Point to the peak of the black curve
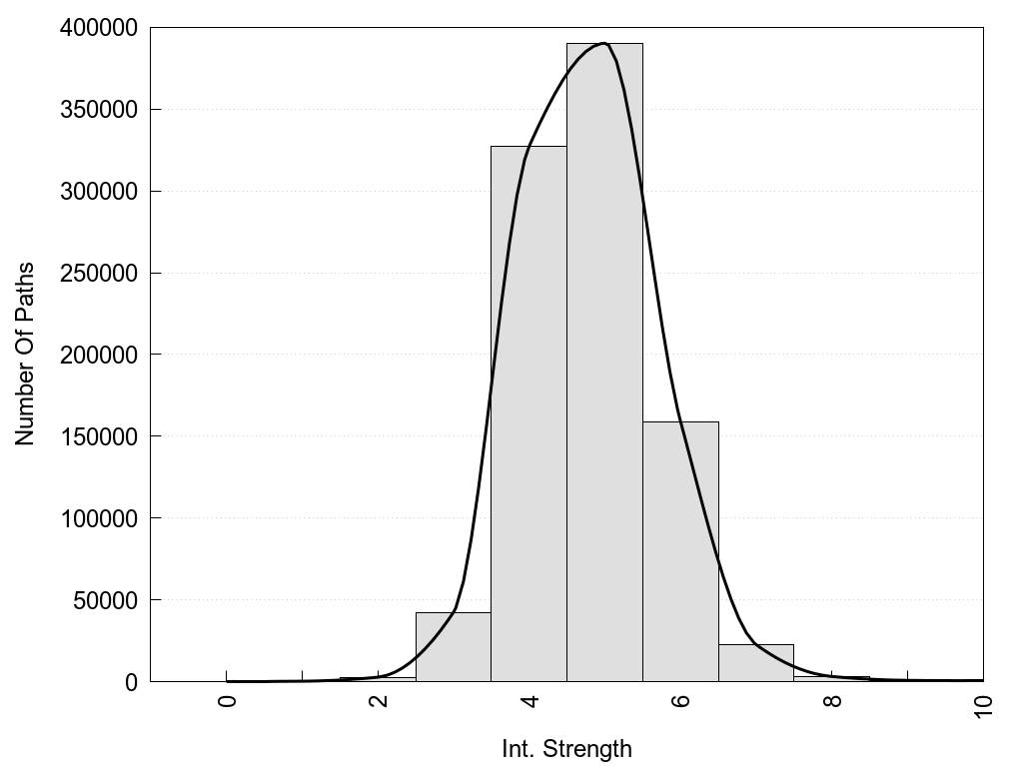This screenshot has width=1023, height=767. click(604, 43)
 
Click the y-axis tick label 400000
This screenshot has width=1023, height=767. click(96, 28)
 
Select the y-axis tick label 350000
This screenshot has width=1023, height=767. click(96, 110)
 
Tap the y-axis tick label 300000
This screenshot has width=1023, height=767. click(96, 192)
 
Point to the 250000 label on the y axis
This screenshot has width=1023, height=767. click(96, 274)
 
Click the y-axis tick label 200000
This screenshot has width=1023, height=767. click(96, 355)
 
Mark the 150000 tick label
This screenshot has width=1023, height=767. click(96, 436)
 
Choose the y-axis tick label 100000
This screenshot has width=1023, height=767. click(96, 518)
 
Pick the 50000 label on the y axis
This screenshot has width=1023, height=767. click(102, 600)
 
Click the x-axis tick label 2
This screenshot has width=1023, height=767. click(379, 701)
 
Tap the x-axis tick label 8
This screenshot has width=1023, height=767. click(832, 701)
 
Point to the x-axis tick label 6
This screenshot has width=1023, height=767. click(681, 701)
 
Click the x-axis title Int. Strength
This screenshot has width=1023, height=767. click(566, 749)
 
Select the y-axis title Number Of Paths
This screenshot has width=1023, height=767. click(25, 355)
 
